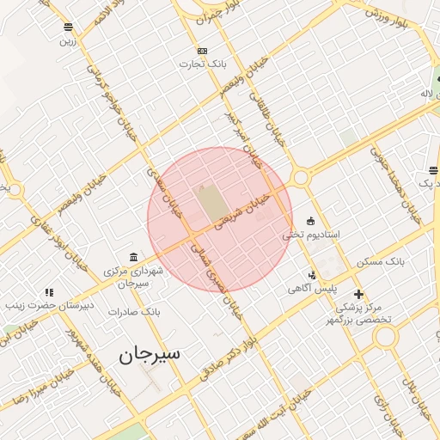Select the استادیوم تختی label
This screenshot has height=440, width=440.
pos(312,235)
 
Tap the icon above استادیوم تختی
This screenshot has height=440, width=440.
pos(310,221)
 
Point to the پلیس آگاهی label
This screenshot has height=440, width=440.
pos(312,290)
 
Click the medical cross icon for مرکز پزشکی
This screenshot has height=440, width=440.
pos(358,294)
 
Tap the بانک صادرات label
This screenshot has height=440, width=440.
pos(134,311)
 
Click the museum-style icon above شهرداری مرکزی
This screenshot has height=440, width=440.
pos(132,258)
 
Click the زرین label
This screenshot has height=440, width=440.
pos(68,40)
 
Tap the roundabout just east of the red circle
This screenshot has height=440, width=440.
pos(300,178)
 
